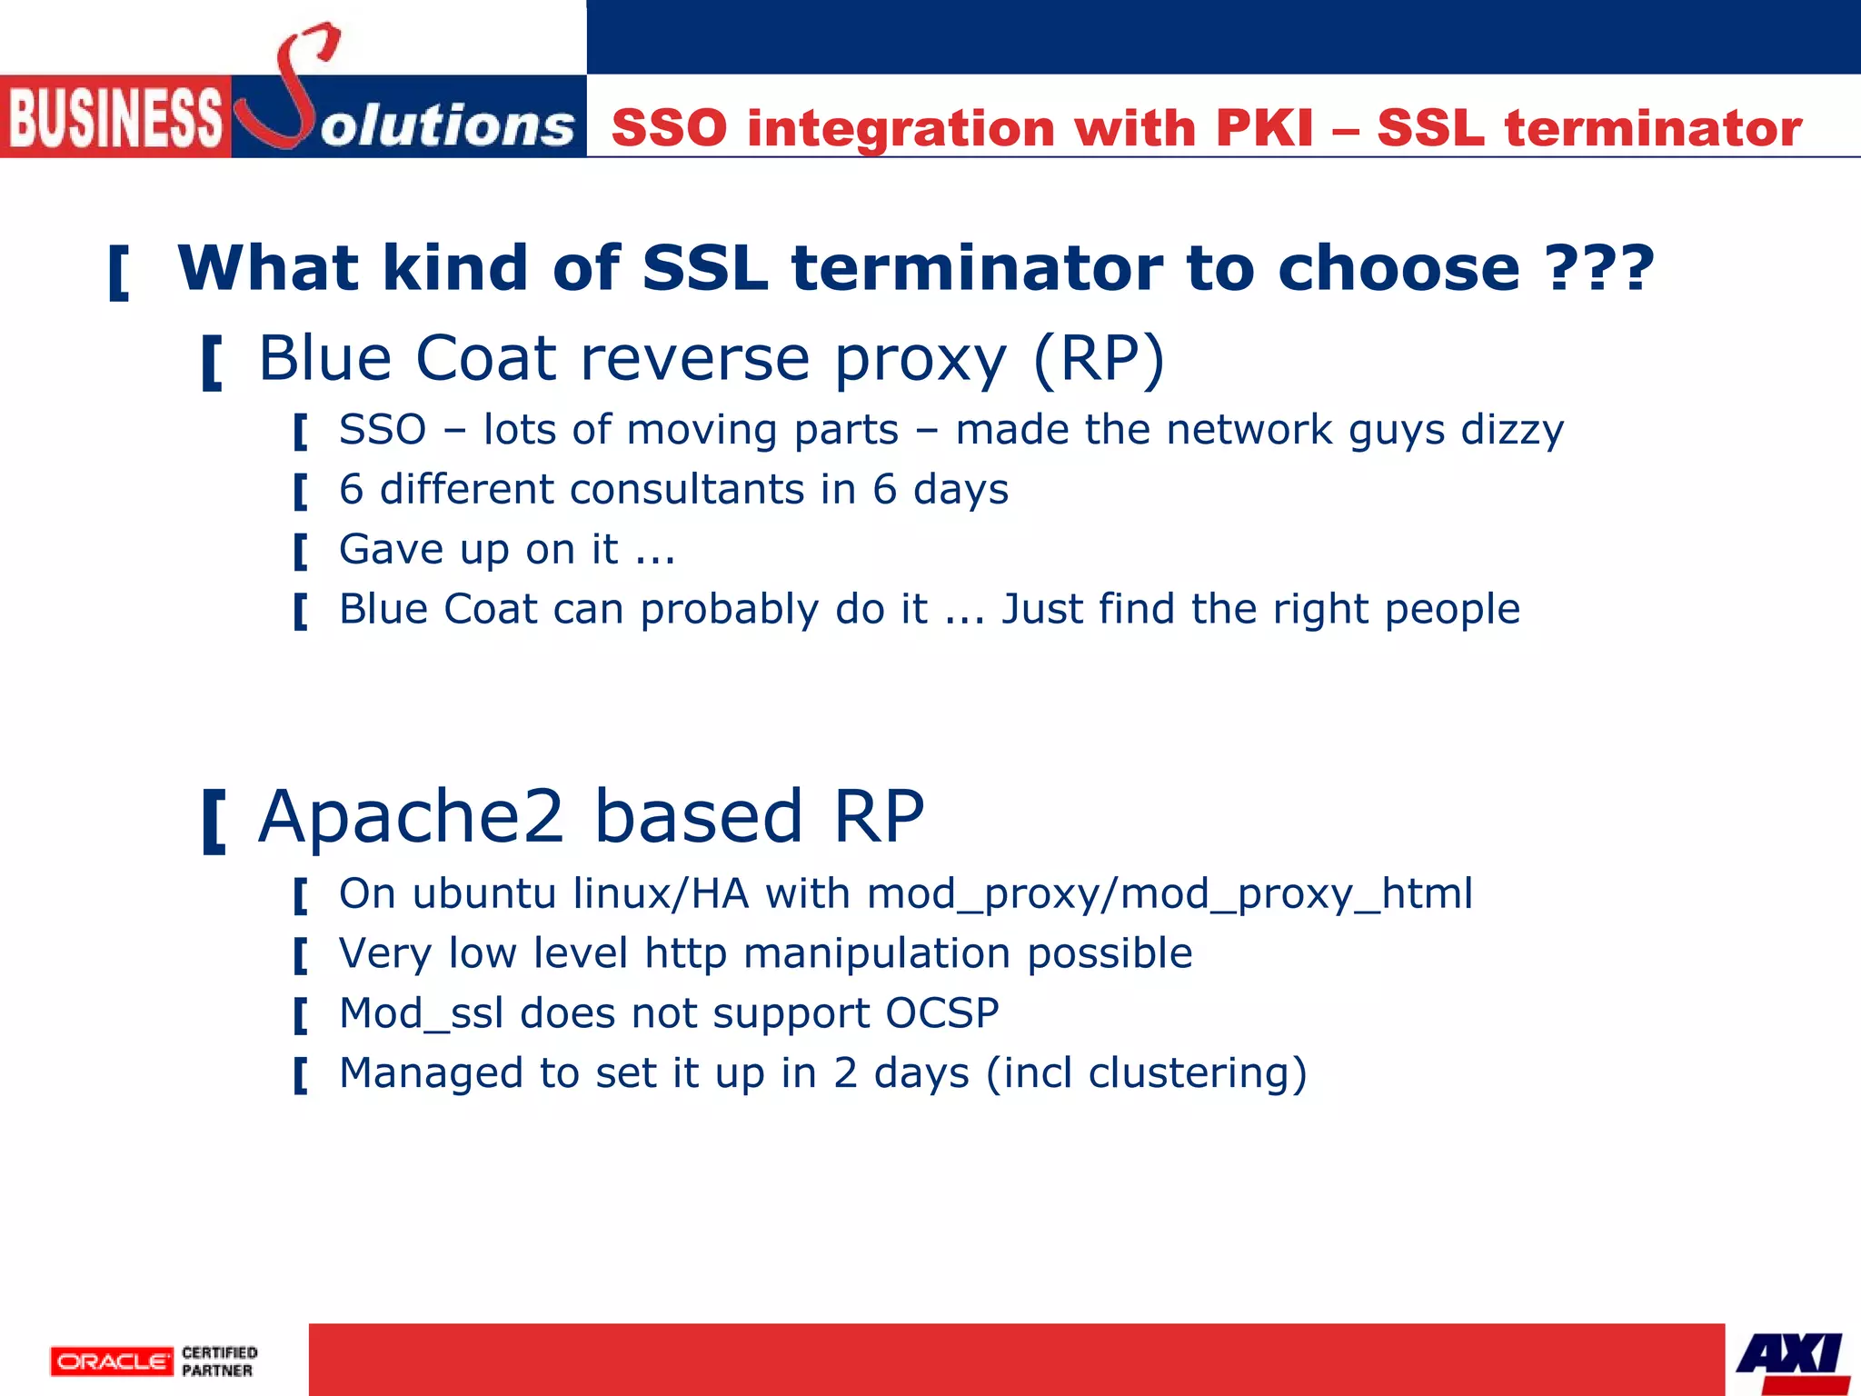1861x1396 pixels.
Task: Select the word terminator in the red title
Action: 1653,127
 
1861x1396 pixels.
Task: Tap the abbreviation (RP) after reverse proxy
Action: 1099,358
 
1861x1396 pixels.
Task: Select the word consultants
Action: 687,489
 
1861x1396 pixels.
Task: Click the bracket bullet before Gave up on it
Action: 301,551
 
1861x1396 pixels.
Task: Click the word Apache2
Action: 412,816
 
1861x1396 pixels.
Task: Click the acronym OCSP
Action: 942,1012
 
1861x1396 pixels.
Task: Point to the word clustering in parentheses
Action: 1189,1072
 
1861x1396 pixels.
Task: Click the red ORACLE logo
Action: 112,1361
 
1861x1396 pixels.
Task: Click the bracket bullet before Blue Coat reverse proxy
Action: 212,362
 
